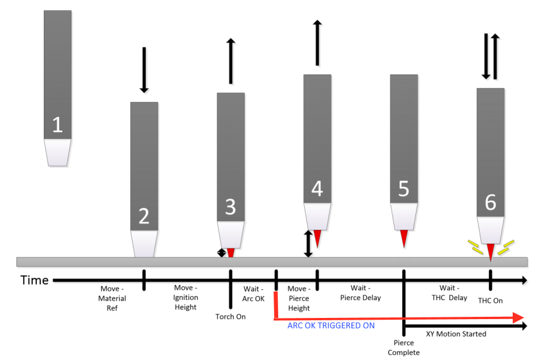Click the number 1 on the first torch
(58, 124)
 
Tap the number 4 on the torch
(317, 189)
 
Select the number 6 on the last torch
(490, 202)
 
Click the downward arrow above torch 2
(144, 70)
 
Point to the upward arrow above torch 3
(231, 61)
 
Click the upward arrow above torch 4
(317, 43)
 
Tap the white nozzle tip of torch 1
(58, 153)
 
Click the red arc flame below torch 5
(404, 238)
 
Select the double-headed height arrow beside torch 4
(308, 244)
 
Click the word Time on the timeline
(35, 281)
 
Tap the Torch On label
(230, 317)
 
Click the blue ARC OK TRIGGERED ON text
(331, 325)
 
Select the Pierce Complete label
(404, 347)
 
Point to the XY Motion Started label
(456, 334)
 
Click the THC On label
(490, 301)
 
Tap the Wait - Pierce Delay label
(360, 293)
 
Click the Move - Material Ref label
(112, 298)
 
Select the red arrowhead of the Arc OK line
(518, 318)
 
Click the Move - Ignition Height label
(185, 297)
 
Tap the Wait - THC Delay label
(449, 293)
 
